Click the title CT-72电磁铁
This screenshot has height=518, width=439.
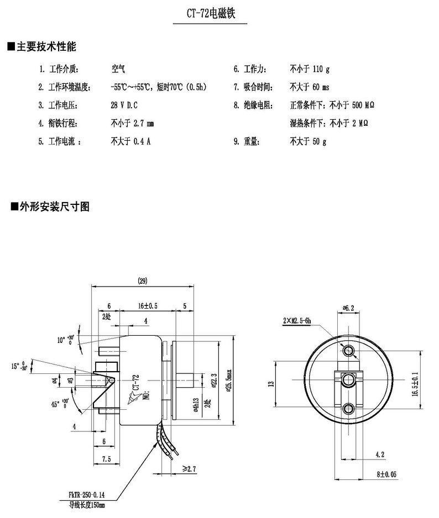[211, 14]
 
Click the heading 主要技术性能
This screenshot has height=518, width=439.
[45, 46]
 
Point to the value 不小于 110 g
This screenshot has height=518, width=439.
[309, 69]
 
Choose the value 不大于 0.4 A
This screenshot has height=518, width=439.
[130, 141]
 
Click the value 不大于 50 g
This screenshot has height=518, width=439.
[308, 141]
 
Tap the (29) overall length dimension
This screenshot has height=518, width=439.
[142, 282]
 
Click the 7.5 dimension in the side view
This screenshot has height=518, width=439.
[107, 459]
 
